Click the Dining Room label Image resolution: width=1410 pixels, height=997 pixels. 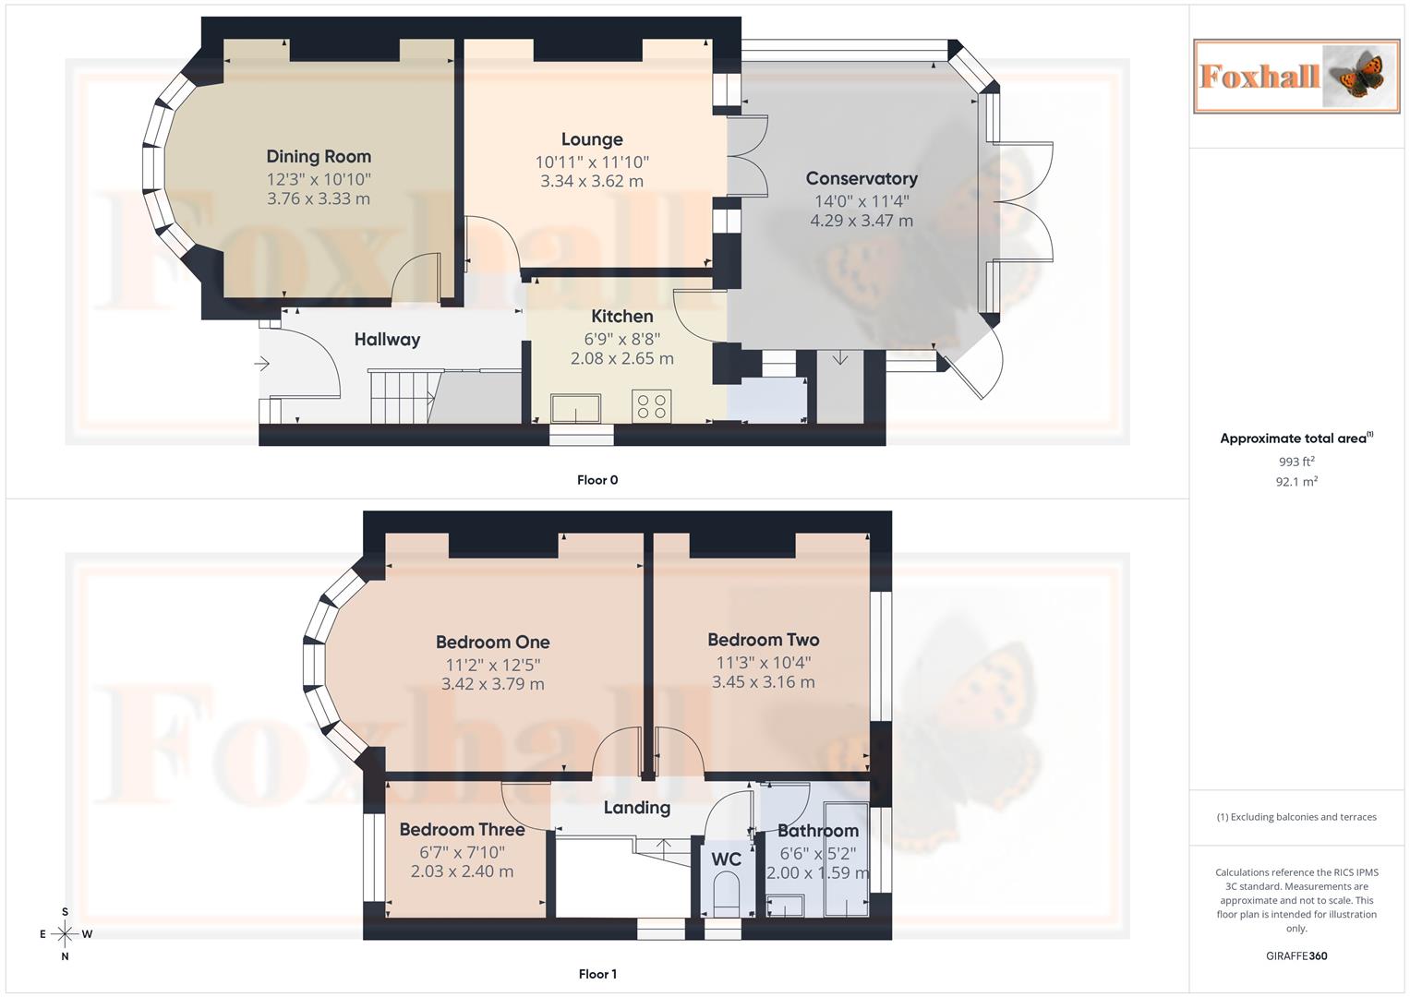click(x=319, y=157)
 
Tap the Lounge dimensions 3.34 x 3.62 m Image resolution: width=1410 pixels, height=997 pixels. click(x=592, y=182)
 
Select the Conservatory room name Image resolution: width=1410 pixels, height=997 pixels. click(x=862, y=178)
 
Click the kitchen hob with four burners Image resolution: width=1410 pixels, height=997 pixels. click(x=652, y=406)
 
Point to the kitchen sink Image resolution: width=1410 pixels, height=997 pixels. click(x=575, y=408)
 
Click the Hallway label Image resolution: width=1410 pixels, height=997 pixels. click(x=387, y=340)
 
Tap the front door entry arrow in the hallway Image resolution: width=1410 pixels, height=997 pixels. click(x=262, y=364)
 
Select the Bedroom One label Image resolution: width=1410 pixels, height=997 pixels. click(x=492, y=643)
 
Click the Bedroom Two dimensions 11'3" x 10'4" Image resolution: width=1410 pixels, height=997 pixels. click(x=763, y=663)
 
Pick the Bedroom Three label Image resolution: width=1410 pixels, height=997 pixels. click(x=462, y=830)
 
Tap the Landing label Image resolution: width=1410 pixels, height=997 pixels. click(x=636, y=808)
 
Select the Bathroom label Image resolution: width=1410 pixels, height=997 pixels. click(x=817, y=831)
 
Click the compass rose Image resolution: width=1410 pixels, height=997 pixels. click(x=65, y=934)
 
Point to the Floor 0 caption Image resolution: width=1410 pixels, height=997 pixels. click(x=597, y=480)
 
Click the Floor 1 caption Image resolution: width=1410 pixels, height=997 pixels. click(x=597, y=974)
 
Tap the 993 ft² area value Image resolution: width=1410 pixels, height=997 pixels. click(x=1296, y=462)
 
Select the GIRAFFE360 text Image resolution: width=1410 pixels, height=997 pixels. click(x=1296, y=956)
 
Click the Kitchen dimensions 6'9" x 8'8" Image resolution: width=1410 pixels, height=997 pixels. click(x=621, y=339)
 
